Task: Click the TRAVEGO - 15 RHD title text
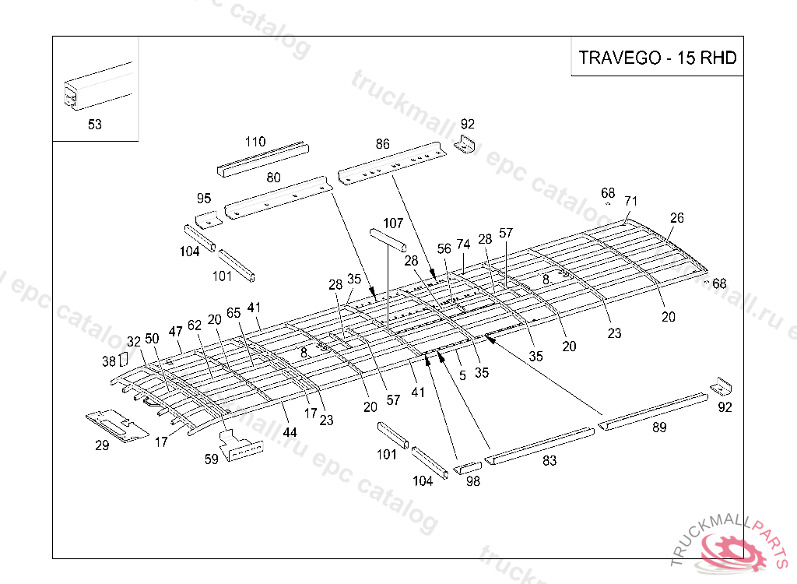657,58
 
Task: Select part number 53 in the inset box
95,125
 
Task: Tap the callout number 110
255,142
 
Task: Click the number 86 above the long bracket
382,144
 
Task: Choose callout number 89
659,426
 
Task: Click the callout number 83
549,460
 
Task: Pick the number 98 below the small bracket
472,481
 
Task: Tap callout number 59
211,459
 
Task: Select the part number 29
102,445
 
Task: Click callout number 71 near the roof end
630,202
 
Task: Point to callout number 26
677,218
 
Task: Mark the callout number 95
204,199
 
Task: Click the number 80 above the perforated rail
273,178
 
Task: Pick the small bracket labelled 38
121,360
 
